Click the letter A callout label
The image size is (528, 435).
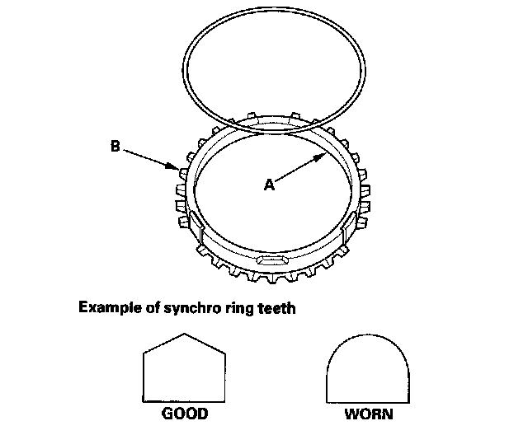(267, 186)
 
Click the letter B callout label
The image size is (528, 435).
(115, 148)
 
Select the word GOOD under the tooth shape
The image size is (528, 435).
(186, 413)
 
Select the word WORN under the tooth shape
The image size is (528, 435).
(369, 413)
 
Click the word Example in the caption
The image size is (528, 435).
(106, 309)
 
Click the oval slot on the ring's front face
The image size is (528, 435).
(272, 260)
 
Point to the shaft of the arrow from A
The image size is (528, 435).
(297, 170)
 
